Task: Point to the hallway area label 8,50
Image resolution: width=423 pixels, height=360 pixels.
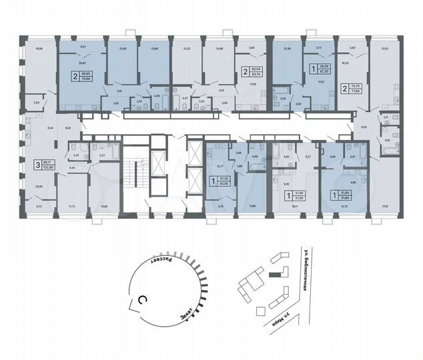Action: pyautogui.click(x=363, y=126)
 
